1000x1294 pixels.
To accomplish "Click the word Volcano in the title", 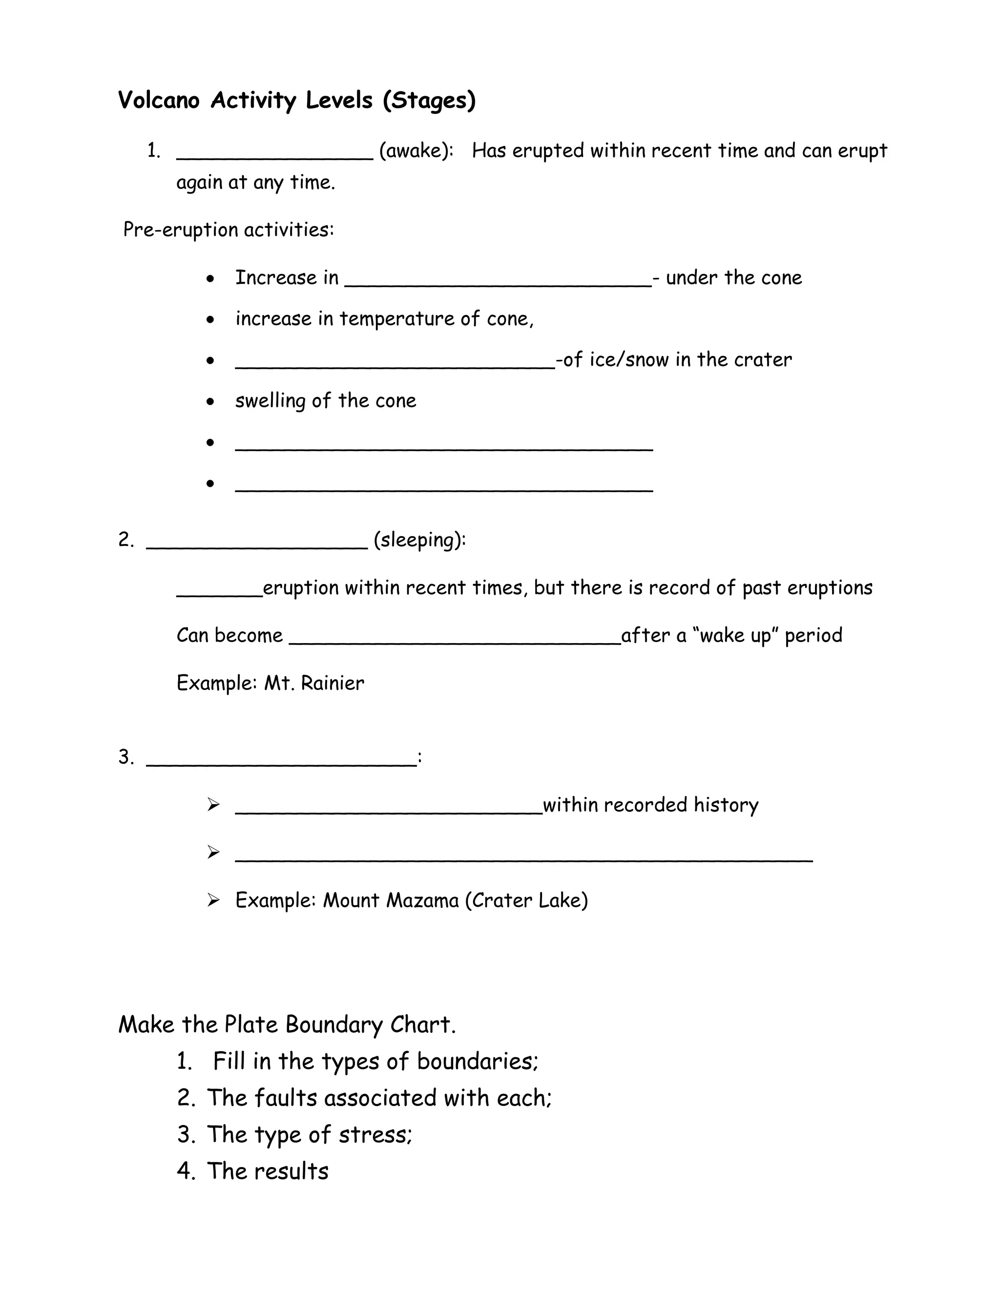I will coord(159,100).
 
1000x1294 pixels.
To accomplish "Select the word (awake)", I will coord(416,151).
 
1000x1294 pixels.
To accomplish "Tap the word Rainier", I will coord(333,683).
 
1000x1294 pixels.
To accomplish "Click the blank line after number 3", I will coord(281,764).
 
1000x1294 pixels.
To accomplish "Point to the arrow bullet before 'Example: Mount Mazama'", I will coord(213,900).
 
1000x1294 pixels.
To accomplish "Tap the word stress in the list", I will coord(375,1135).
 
